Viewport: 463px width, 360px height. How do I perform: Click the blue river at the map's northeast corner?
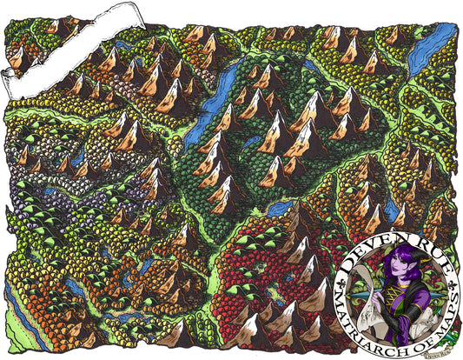[x=439, y=43]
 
